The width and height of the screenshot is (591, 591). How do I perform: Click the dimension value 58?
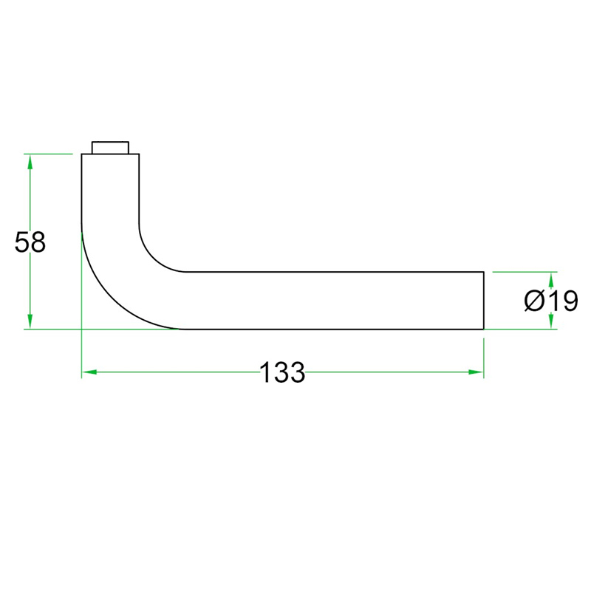(x=30, y=242)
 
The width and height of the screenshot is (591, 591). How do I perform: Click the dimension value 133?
(x=282, y=373)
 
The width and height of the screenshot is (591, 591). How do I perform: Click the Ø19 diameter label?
(x=550, y=301)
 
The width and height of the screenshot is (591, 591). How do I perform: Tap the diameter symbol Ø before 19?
(x=534, y=301)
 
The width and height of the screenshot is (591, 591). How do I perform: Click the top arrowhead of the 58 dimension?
(x=30, y=161)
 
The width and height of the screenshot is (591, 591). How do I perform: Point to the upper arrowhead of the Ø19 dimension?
(x=551, y=279)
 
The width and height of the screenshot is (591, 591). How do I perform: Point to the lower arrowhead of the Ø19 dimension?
(x=551, y=322)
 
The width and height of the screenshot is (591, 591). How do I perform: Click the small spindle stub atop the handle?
(x=110, y=147)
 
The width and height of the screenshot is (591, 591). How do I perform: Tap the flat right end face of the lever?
(x=483, y=300)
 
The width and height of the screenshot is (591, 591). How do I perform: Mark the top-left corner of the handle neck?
(x=81, y=154)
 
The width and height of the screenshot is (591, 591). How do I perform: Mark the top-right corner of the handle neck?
(x=139, y=154)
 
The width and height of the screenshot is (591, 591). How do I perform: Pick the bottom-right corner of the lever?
(x=483, y=329)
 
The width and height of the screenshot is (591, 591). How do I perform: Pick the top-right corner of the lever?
(x=483, y=272)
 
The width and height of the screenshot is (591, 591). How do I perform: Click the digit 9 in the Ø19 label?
(x=567, y=301)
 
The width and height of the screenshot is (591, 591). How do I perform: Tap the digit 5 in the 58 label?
(x=22, y=242)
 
